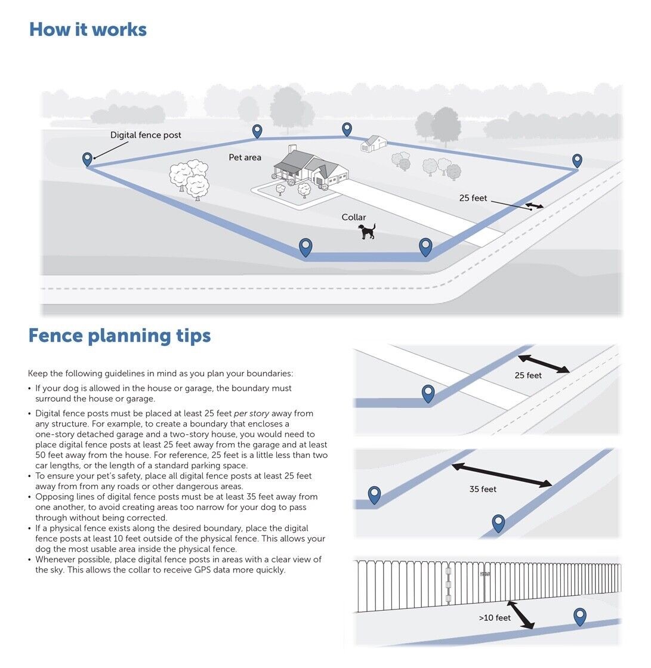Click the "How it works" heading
tap(88, 29)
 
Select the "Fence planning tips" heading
tap(119, 335)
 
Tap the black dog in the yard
tap(367, 231)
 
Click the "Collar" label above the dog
tap(354, 218)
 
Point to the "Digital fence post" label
tap(146, 135)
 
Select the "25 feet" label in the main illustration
tap(473, 198)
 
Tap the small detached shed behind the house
tap(374, 143)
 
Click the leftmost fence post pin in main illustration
tap(88, 159)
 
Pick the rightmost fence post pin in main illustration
tap(577, 160)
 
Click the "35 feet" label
tap(483, 489)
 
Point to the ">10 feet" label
tap(495, 618)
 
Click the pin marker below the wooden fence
tap(579, 616)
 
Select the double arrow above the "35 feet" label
tap(501, 475)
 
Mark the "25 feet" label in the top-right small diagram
tap(528, 376)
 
